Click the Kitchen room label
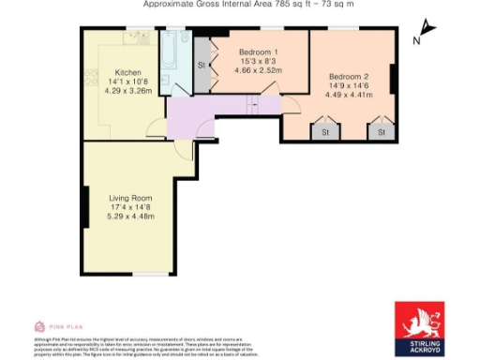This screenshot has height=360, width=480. click(127, 72)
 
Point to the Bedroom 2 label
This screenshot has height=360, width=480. click(347, 75)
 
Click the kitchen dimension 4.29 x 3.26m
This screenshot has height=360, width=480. click(127, 91)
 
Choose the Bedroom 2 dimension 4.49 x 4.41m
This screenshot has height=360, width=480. click(347, 94)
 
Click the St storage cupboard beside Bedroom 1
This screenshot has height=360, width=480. click(202, 66)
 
